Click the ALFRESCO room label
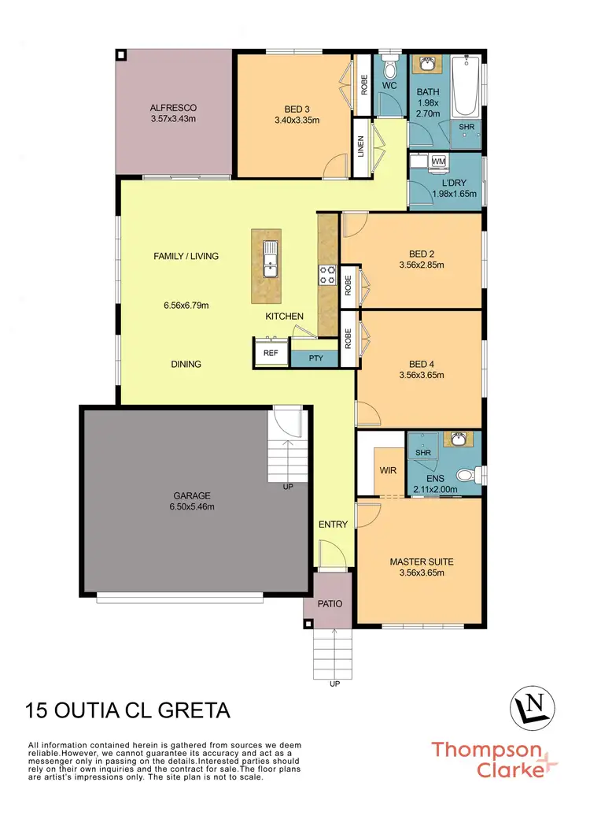click(173, 107)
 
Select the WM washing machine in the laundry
click(438, 161)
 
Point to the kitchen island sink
click(270, 258)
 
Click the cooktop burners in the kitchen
click(326, 275)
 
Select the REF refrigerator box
click(271, 353)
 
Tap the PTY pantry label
click(315, 358)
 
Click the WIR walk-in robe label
click(387, 470)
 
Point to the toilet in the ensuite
click(470, 474)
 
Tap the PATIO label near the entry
click(328, 605)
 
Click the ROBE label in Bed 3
click(363, 86)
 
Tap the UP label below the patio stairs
click(335, 684)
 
